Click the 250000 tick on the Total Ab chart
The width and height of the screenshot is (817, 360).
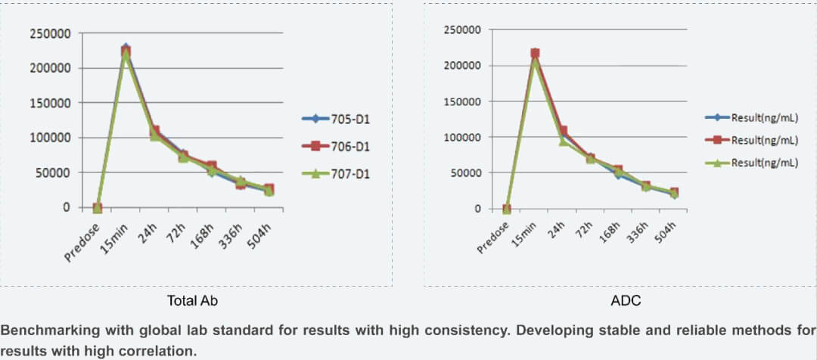click(x=49, y=33)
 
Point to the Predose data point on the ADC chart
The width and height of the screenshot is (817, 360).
click(x=506, y=209)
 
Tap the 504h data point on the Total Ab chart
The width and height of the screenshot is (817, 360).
click(x=269, y=190)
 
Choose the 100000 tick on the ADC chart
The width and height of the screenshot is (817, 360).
click(x=460, y=137)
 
